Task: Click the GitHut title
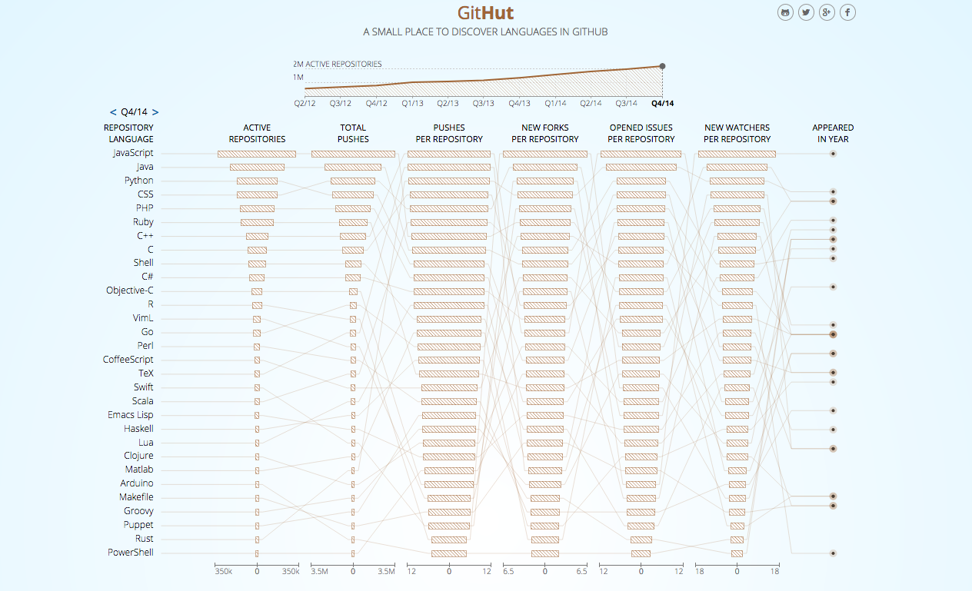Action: [x=485, y=13]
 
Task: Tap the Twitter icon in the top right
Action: [x=806, y=12]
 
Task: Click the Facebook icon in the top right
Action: [x=847, y=12]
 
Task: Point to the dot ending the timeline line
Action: [x=662, y=66]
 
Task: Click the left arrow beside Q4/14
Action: [x=113, y=112]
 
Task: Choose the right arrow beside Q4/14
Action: [x=155, y=112]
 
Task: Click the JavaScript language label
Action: [x=132, y=153]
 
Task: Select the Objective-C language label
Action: [x=129, y=291]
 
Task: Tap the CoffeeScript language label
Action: [x=128, y=360]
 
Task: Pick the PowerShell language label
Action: [x=130, y=553]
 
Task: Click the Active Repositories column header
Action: [x=257, y=134]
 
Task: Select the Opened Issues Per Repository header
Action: [x=641, y=134]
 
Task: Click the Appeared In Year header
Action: [x=833, y=134]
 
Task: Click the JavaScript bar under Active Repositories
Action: [x=256, y=154]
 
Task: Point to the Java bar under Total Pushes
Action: [x=352, y=167]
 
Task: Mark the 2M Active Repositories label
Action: [x=337, y=65]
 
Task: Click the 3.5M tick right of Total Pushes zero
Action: [x=385, y=572]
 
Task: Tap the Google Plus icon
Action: [x=827, y=12]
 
